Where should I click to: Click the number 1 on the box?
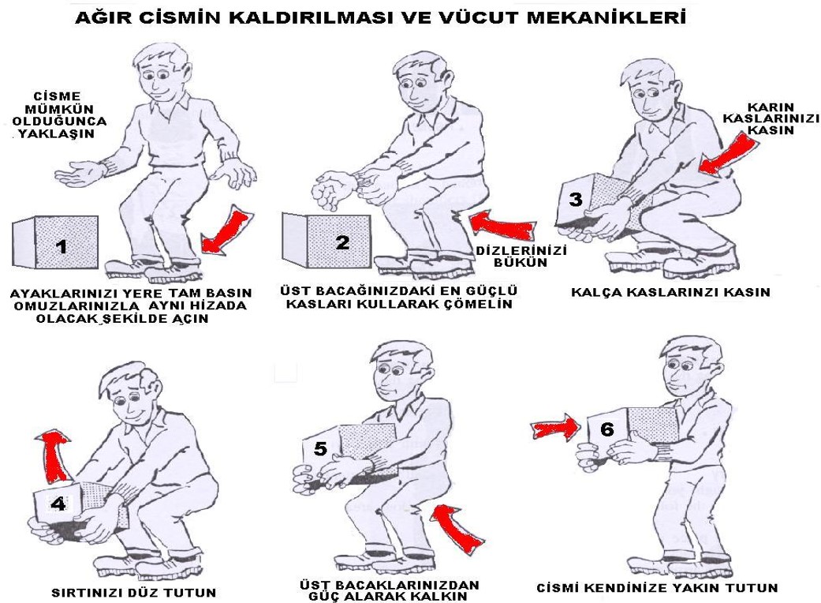62,246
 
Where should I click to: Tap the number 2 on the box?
342,242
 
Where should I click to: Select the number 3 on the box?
576,200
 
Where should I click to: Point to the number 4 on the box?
58,504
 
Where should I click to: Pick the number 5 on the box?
320,448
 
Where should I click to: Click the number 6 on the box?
606,429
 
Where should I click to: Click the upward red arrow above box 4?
55,455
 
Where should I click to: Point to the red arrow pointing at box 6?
556,427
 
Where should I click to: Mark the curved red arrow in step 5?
457,528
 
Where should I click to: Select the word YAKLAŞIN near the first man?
57,133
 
